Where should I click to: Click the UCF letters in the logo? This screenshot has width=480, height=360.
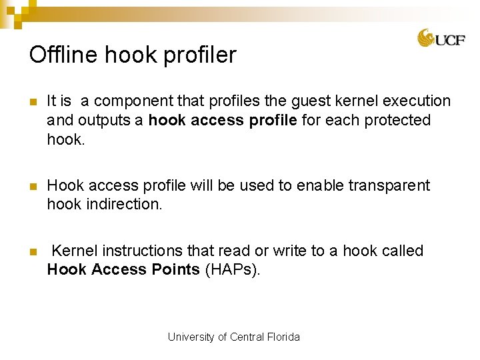coord(451,40)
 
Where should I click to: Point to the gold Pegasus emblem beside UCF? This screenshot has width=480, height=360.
coord(426,38)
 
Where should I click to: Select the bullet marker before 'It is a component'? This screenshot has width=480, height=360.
coord(31,102)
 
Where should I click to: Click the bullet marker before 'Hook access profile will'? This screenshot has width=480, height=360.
coord(31,186)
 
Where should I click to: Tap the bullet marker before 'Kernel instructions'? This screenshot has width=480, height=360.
coord(31,251)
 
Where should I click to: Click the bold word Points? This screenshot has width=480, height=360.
coord(175,269)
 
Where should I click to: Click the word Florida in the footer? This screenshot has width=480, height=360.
coord(283,337)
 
